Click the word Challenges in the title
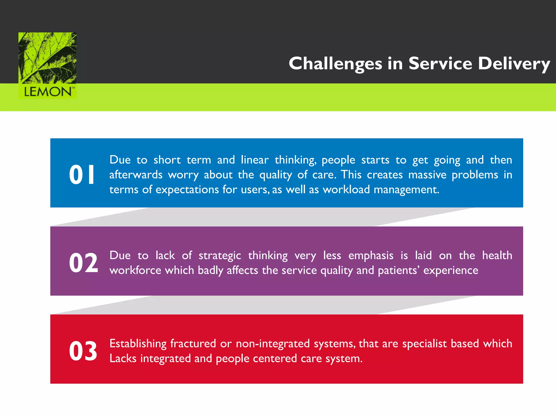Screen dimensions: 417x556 (335, 64)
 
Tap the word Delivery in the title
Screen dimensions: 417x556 (514, 64)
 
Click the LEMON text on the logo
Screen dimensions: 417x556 (48, 92)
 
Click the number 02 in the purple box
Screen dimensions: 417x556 (83, 263)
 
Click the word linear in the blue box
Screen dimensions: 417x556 (255, 160)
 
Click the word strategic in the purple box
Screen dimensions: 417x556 (220, 256)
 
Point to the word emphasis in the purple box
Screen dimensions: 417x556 (371, 255)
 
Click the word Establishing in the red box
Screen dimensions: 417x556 (138, 344)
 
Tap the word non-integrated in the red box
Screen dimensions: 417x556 (273, 344)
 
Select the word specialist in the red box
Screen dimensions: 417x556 (424, 344)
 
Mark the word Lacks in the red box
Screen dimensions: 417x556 (123, 359)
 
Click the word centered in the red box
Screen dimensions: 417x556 (275, 359)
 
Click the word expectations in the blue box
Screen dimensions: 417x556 (187, 189)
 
